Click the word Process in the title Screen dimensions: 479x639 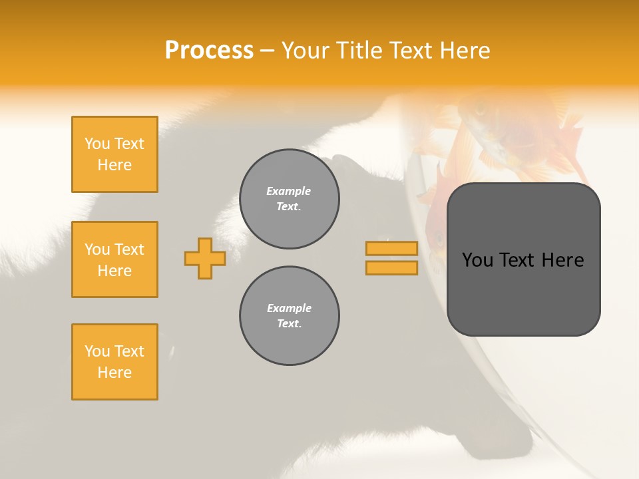209,51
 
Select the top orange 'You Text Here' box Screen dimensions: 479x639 114,154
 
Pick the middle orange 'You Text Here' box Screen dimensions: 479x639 114,259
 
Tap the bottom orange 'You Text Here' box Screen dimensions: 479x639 114,362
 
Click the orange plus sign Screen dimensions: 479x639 205,258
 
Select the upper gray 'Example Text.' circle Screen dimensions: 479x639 289,199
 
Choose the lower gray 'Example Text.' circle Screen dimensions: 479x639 289,316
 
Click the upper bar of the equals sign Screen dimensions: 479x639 391,248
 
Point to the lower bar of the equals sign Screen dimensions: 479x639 391,267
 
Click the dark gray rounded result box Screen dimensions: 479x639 523,293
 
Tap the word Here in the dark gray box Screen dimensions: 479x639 562,260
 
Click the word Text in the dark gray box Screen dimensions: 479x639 517,260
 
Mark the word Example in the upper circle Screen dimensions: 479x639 289,192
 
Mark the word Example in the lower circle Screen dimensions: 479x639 289,309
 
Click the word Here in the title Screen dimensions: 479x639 464,51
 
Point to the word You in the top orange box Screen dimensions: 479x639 97,144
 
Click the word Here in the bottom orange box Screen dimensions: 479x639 114,373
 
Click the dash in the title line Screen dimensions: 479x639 267,51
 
